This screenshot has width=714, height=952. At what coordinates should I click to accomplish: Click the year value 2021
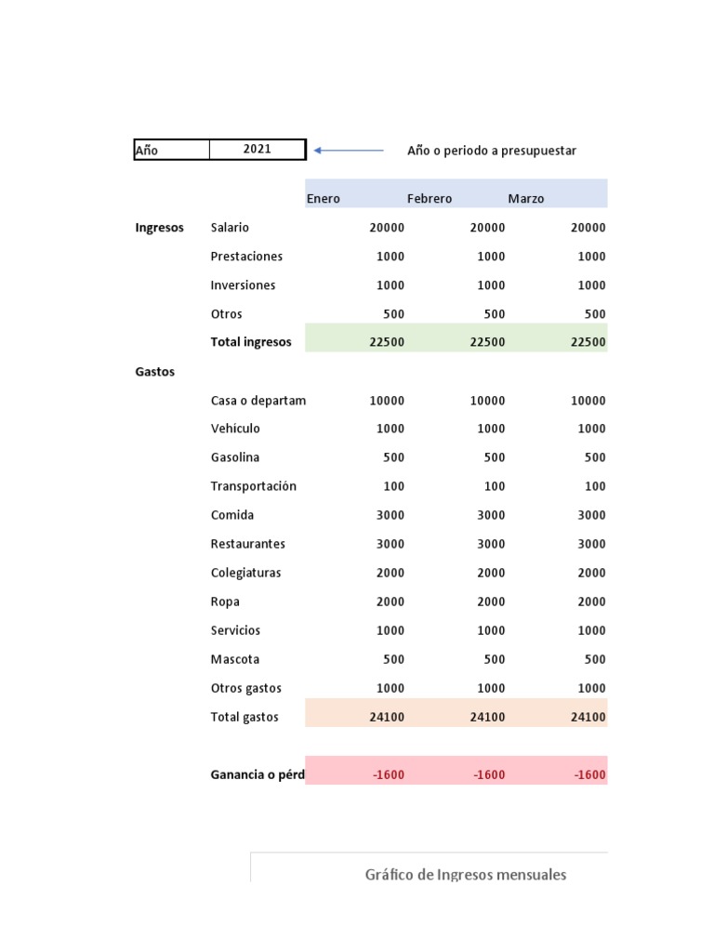coord(257,150)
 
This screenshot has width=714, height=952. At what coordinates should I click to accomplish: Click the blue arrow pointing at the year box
coord(349,150)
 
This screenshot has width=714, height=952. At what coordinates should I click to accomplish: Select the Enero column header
coord(324,198)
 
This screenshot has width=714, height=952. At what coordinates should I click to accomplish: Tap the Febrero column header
coord(430,198)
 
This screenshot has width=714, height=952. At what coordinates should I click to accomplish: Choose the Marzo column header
coord(526,198)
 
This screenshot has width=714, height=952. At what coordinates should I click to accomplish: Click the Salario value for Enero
coord(387,228)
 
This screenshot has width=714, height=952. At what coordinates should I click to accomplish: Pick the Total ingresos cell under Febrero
coord(487,342)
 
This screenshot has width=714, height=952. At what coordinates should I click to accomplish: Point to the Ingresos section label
coord(159,228)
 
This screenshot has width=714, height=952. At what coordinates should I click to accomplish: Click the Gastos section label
coord(155,372)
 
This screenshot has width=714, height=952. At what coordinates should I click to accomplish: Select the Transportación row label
coord(253,486)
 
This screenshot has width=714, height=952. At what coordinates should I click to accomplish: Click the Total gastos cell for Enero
coord(387,717)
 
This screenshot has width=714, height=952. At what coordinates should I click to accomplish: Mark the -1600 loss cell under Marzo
coord(589,774)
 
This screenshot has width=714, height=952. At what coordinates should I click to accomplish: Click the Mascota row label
coord(235,659)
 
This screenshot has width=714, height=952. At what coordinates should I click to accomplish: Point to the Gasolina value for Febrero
coord(495,457)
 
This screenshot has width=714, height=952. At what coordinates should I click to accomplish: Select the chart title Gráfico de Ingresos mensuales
coord(466,875)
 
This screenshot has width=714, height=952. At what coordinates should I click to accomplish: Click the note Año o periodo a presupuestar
coord(492,151)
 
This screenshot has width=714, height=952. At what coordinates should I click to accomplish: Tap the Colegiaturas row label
coord(245,573)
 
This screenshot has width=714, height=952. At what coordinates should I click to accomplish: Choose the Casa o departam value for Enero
coord(387,401)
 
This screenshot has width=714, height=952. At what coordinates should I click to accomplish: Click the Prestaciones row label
coord(246,257)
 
